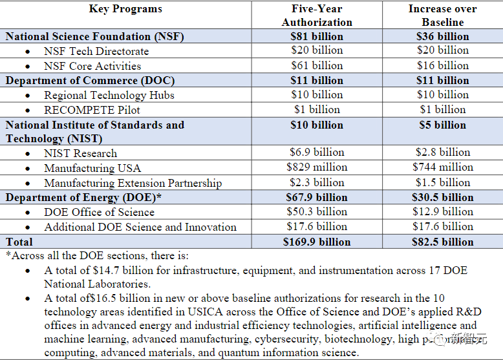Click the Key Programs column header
(125, 9)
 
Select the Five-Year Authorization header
(317, 16)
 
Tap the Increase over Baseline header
(443, 16)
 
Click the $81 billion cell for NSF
(317, 36)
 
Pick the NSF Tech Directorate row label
(96, 51)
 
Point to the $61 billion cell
(317, 65)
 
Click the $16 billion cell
(443, 65)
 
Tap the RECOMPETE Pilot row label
(92, 109)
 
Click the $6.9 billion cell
(317, 153)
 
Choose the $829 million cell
(317, 167)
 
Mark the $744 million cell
(443, 167)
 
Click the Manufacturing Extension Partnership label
(133, 183)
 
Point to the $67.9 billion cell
(317, 197)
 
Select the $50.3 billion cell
(317, 211)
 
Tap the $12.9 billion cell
(443, 211)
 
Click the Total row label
(20, 242)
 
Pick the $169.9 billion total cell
(317, 242)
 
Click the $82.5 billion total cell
(443, 242)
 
